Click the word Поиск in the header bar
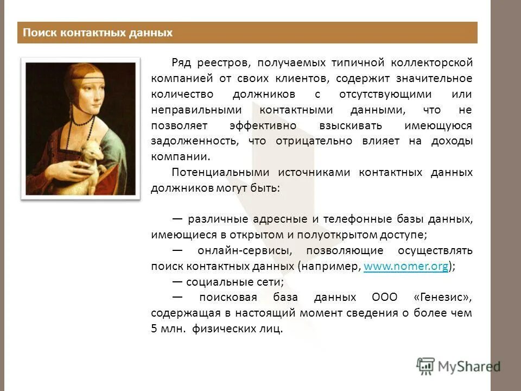pos(36,33)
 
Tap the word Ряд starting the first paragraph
pos(182,62)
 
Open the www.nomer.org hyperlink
pos(405,267)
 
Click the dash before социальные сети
pos(177,282)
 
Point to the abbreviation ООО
pos(385,298)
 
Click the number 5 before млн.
pos(154,329)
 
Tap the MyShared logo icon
pos(426,365)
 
